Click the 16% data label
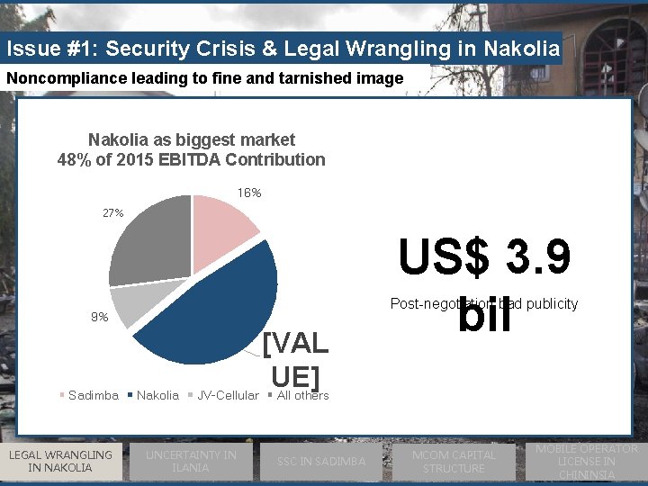249,193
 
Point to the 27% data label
112,213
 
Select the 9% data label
99,318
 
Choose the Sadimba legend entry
93,396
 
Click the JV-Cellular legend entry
227,396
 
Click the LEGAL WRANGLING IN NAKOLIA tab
60,461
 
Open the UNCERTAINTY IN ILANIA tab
191,461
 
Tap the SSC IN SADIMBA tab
322,462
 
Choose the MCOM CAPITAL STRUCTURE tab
454,461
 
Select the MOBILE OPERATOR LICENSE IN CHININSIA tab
586,461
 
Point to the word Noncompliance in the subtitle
55,78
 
